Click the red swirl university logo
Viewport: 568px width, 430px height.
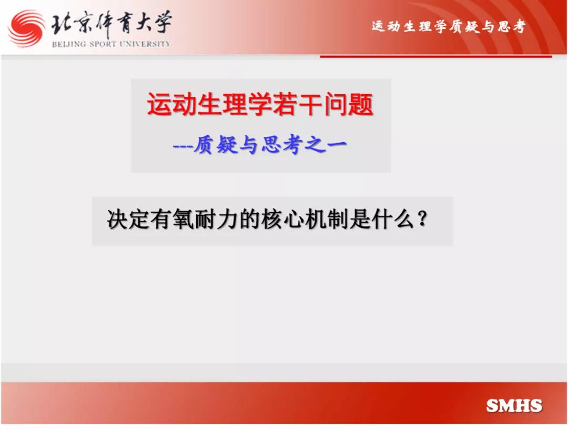pyautogui.click(x=27, y=28)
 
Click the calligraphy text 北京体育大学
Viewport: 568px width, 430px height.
pyautogui.click(x=111, y=24)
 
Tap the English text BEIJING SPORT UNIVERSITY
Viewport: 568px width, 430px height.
pyautogui.click(x=111, y=44)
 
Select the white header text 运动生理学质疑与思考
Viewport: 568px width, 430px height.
pyautogui.click(x=449, y=26)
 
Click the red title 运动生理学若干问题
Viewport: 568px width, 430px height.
pyautogui.click(x=260, y=104)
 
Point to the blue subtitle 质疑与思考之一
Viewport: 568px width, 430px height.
pyautogui.click(x=270, y=145)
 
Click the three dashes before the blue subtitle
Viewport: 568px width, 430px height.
pyautogui.click(x=182, y=146)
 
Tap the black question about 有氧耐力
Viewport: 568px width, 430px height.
pyautogui.click(x=267, y=219)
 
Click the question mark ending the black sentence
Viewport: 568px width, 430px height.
pyautogui.click(x=422, y=219)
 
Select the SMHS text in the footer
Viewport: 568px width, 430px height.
pyautogui.click(x=514, y=406)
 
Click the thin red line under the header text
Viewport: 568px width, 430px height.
pyautogui.click(x=436, y=56)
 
